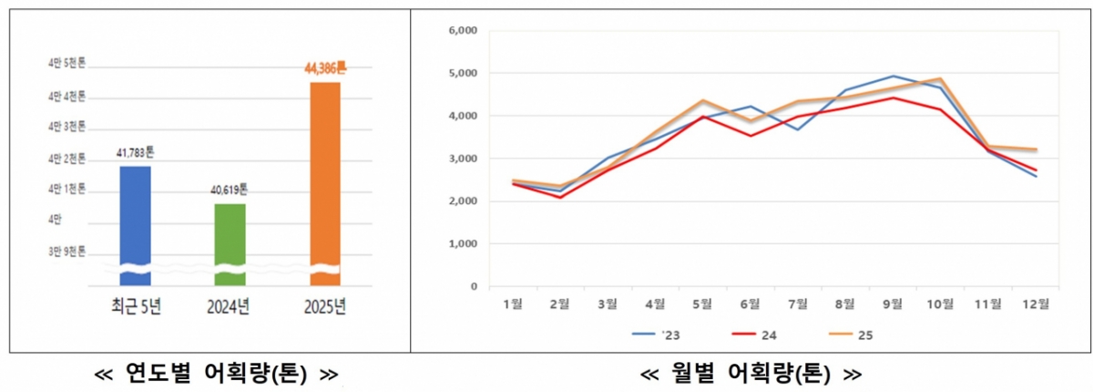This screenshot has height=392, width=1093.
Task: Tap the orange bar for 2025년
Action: (x=325, y=178)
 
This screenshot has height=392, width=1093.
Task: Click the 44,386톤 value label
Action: (x=325, y=67)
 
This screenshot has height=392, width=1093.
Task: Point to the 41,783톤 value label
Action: (x=135, y=152)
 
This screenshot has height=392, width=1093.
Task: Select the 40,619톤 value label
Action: (x=230, y=191)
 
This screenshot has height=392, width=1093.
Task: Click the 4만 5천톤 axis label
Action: (x=66, y=63)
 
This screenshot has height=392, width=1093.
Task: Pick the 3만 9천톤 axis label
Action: (x=66, y=252)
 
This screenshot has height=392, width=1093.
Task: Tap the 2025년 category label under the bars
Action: (x=325, y=307)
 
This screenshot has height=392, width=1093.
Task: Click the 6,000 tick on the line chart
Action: (x=464, y=30)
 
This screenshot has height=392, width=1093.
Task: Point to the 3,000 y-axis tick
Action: (x=464, y=159)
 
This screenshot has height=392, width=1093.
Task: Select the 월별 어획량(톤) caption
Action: (x=751, y=373)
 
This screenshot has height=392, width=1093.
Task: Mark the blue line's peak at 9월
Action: (x=894, y=77)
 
